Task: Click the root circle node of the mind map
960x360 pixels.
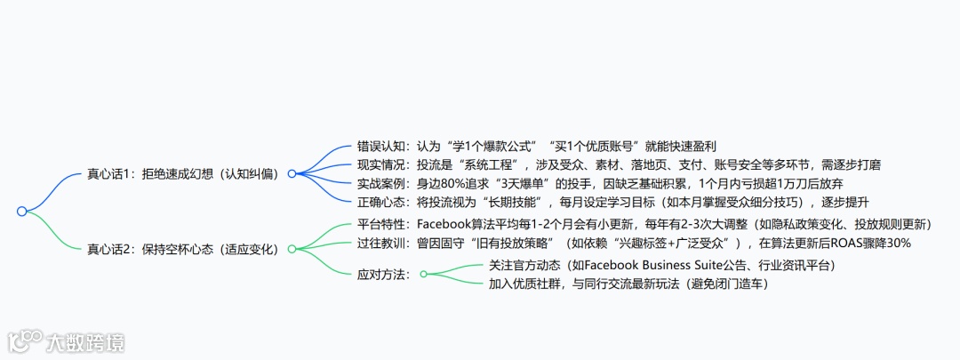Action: (21, 212)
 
